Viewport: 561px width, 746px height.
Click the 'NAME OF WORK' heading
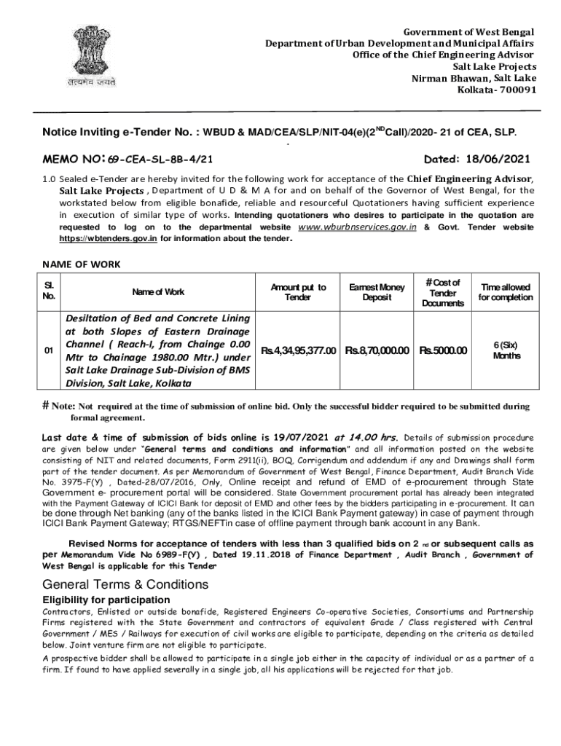point(80,264)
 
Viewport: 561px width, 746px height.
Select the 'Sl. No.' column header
point(48,291)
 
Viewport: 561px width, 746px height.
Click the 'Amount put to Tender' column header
point(298,292)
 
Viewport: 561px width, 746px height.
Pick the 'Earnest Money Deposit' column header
point(377,292)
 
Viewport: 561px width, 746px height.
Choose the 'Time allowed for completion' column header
point(506,292)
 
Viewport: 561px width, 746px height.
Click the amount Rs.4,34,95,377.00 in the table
point(299,351)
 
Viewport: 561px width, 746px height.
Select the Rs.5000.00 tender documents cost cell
point(442,351)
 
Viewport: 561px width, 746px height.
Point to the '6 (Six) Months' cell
point(506,350)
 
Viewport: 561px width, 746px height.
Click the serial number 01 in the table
point(48,351)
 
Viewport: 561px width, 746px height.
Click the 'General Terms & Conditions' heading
point(125,584)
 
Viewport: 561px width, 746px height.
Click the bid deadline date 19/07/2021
point(301,438)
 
